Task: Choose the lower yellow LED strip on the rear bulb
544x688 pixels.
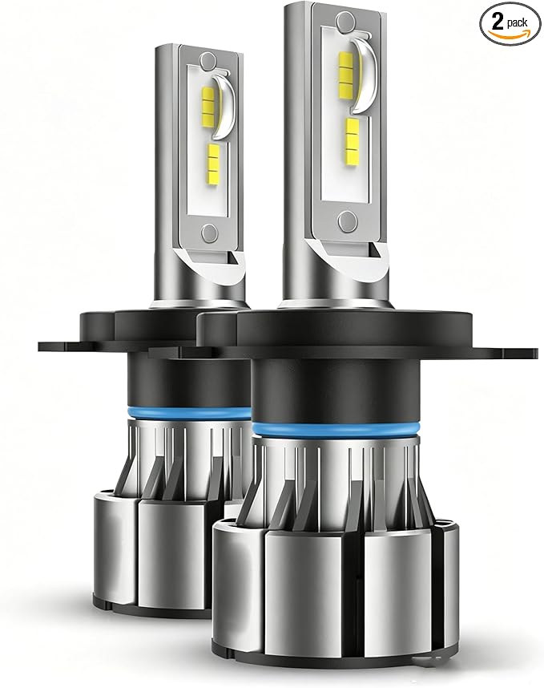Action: pyautogui.click(x=212, y=160)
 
